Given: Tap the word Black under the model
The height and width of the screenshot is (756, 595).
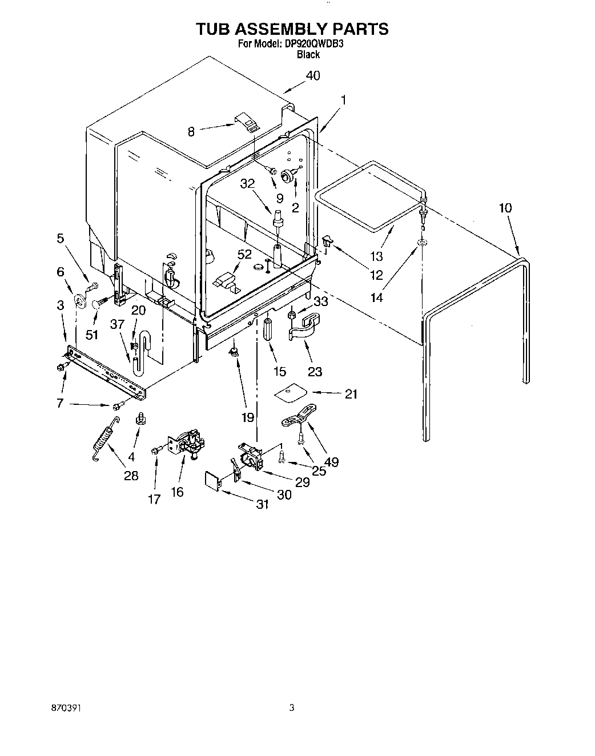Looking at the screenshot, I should pyautogui.click(x=308, y=55).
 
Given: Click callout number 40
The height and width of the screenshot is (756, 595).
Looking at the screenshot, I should pyautogui.click(x=312, y=75).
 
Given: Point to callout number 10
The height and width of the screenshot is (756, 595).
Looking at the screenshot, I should pyautogui.click(x=505, y=208).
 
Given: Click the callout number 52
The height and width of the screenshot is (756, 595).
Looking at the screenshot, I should pyautogui.click(x=244, y=255).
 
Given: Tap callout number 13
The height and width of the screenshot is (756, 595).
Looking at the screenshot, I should pyautogui.click(x=376, y=256).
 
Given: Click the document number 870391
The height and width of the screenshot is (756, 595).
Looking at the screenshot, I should pyautogui.click(x=66, y=707).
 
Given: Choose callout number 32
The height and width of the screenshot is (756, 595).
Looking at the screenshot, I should pyautogui.click(x=247, y=183).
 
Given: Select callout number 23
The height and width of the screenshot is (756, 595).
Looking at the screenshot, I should pyautogui.click(x=315, y=371).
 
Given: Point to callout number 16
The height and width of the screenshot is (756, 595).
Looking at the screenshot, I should pyautogui.click(x=177, y=492).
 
